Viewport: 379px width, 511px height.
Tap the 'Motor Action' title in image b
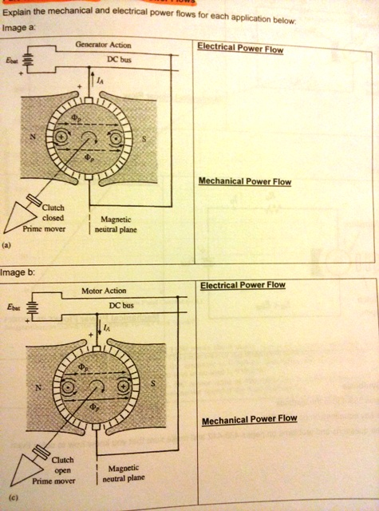[x=104, y=290]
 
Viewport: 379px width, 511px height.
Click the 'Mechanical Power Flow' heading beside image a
[x=245, y=182]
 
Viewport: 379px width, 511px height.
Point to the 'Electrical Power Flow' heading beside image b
[x=243, y=285]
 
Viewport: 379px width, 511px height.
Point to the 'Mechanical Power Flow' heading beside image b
[x=249, y=419]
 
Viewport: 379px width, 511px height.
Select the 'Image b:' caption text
[x=19, y=272]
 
